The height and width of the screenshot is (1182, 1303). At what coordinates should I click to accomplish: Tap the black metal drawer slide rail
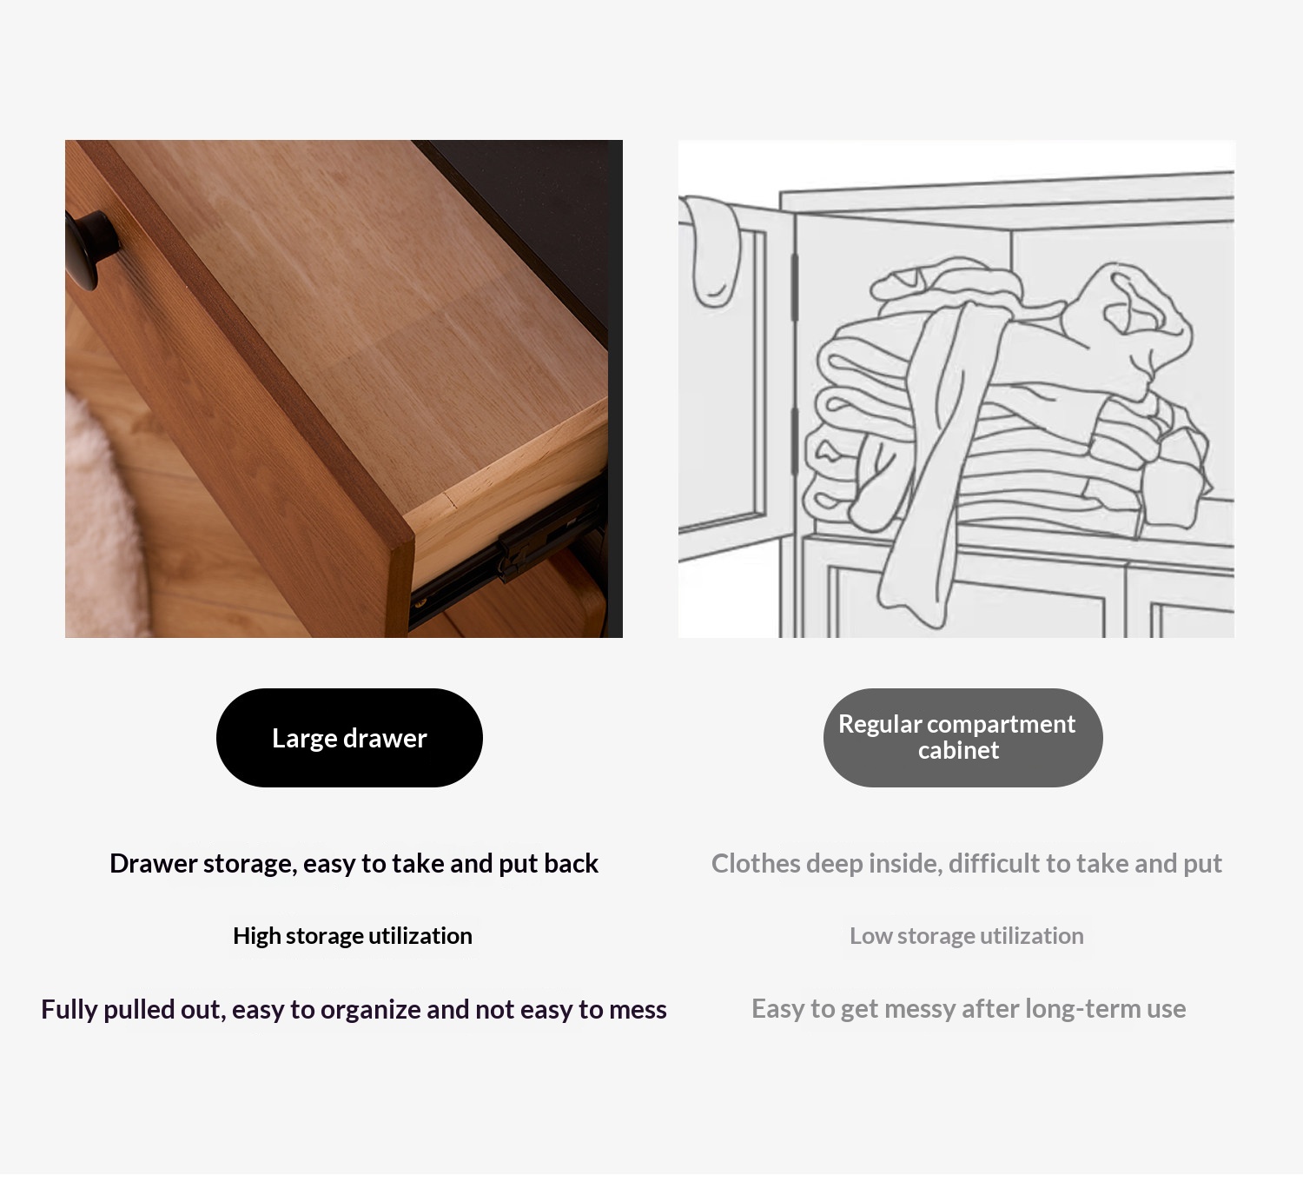click(506, 553)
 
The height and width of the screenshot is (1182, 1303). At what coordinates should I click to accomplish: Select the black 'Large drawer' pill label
click(349, 738)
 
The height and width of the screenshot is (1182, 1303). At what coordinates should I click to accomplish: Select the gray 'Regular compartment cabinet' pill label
click(962, 738)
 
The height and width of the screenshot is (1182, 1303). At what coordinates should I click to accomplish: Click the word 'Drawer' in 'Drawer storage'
click(153, 863)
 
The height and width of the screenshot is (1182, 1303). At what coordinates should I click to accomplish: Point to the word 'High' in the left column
click(256, 936)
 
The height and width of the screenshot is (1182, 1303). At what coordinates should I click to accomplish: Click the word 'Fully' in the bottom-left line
click(69, 1010)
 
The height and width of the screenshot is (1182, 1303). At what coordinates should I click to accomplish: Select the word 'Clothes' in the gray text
click(756, 863)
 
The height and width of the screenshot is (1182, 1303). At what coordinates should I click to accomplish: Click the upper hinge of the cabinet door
click(795, 287)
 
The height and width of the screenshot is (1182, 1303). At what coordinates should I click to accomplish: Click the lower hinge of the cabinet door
click(795, 441)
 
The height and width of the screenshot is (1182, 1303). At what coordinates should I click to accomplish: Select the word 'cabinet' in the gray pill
click(958, 750)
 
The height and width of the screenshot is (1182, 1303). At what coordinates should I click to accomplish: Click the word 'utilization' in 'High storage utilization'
click(420, 936)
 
